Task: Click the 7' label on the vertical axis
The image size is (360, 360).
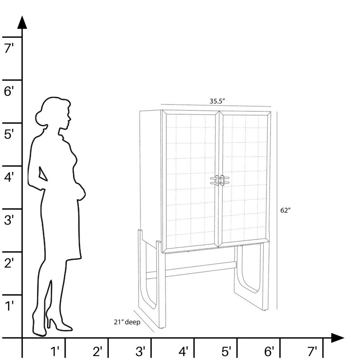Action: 9,49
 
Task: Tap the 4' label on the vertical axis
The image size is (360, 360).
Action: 9,177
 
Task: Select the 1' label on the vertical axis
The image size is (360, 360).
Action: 9,306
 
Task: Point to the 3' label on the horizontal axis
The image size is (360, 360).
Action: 140,351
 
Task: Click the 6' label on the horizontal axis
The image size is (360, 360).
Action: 269,351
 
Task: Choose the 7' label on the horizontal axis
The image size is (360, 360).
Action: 312,351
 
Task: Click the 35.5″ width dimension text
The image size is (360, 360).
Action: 217,101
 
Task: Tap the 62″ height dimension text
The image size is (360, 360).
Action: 285,210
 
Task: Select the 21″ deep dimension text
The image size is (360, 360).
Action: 127,322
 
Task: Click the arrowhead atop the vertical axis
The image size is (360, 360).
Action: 22,22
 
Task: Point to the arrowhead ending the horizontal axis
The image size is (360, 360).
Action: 337,338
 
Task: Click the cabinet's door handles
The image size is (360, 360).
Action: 220,180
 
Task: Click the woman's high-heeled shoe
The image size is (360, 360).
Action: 58,324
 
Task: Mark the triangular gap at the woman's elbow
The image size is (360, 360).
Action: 42,174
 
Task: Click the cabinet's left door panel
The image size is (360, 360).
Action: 190,180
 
